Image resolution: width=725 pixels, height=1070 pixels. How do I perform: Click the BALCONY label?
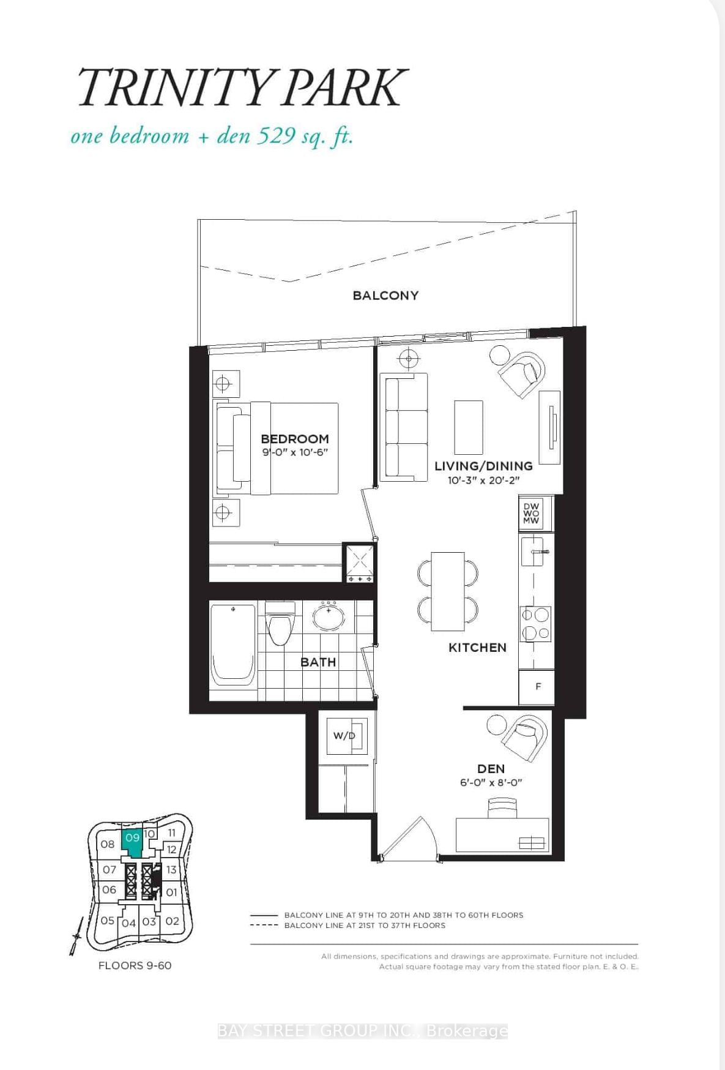(385, 295)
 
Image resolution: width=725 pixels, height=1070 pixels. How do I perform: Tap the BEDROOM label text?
(295, 439)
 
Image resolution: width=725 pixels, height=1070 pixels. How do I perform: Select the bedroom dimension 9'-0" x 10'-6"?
(295, 452)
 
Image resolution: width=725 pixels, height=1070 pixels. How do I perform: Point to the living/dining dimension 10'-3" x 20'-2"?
(483, 480)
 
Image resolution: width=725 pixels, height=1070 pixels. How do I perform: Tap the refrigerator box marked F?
(537, 687)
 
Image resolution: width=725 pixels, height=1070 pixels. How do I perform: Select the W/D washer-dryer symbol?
(344, 735)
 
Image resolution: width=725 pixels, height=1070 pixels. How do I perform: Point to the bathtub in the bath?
(232, 645)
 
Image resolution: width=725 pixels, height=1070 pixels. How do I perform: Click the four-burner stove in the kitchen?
(535, 623)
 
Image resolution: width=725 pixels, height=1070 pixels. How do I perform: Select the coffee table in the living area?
(469, 427)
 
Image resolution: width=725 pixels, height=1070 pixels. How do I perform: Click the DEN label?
(491, 769)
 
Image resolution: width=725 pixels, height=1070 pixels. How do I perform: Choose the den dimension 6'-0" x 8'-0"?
(491, 782)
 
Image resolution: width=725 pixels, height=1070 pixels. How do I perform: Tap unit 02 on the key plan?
(173, 921)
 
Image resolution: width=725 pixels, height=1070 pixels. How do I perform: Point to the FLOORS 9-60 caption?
(135, 965)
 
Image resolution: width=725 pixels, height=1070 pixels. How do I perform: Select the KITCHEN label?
(477, 648)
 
